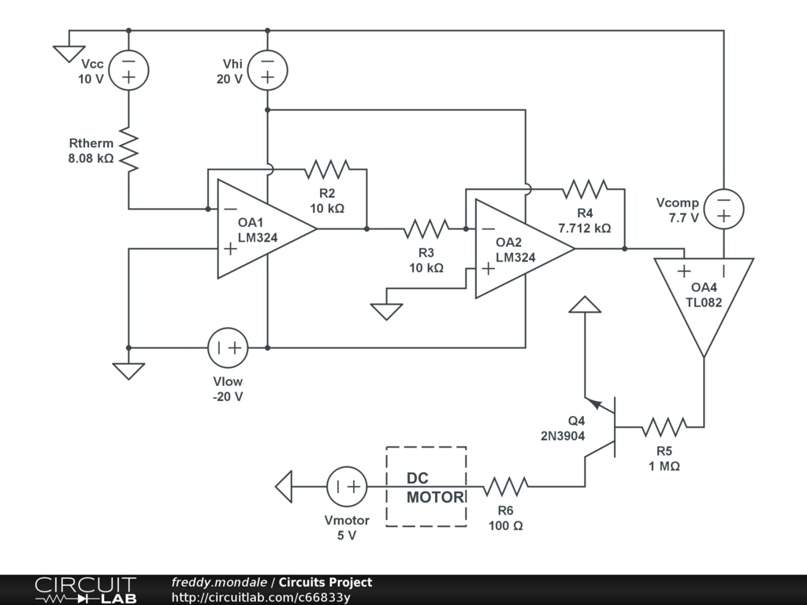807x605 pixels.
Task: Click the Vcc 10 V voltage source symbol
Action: pyautogui.click(x=128, y=71)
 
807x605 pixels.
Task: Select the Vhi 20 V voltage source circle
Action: pyautogui.click(x=267, y=69)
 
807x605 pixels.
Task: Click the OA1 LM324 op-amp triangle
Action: pyautogui.click(x=260, y=229)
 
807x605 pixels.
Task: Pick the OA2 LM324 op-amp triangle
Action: pyautogui.click(x=518, y=249)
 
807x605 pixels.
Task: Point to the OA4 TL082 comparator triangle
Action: pyautogui.click(x=704, y=299)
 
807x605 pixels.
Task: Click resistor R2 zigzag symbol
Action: pyautogui.click(x=327, y=169)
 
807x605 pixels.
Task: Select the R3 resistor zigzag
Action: pyautogui.click(x=426, y=229)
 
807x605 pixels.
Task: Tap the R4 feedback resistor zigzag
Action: pyautogui.click(x=585, y=189)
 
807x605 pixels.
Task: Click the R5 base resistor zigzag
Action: pyautogui.click(x=663, y=427)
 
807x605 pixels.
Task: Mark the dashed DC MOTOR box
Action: pyautogui.click(x=426, y=486)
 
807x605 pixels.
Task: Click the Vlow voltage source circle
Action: pyautogui.click(x=228, y=347)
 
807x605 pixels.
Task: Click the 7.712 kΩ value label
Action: pyautogui.click(x=585, y=228)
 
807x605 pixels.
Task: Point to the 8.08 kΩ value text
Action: pyautogui.click(x=91, y=158)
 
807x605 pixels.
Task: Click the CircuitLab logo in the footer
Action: pyautogui.click(x=85, y=590)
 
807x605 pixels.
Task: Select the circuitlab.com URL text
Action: pyautogui.click(x=261, y=597)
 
